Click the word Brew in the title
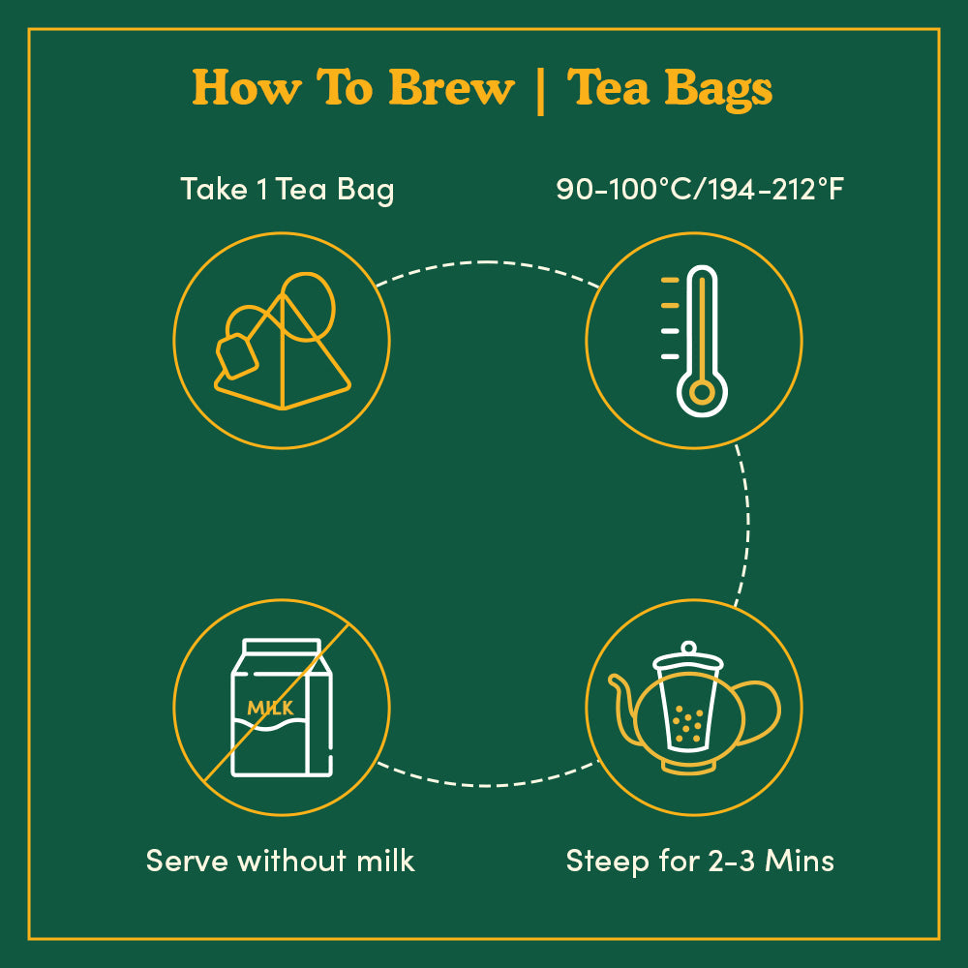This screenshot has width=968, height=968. pos(452,88)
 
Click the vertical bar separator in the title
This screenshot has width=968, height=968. pos(540,89)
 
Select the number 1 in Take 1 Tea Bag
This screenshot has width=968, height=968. pos(261,189)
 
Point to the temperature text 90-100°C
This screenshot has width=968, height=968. pos(626,189)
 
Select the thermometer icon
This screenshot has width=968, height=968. pos(702,342)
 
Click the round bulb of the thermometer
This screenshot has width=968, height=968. pos(703,392)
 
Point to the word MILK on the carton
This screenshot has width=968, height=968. pos(270,709)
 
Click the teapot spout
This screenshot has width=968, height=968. pos(623,702)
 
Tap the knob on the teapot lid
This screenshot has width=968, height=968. pos(688,648)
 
